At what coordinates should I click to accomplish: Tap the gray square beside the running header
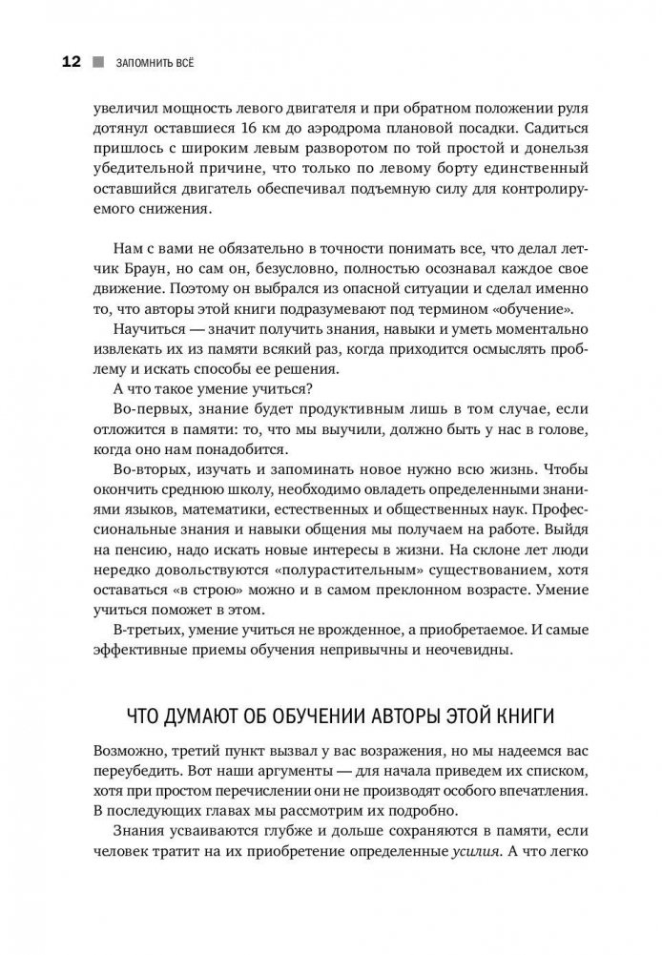tap(97, 64)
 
